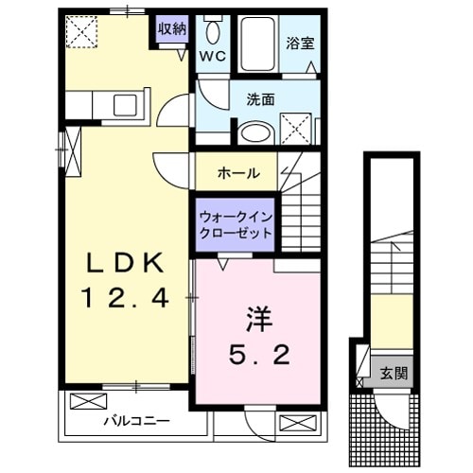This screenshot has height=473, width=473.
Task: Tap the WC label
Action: point(211,56)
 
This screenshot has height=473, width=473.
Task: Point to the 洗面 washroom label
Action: point(261,97)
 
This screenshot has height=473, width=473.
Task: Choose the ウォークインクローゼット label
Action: point(236,223)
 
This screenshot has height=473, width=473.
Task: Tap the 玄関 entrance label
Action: point(395,372)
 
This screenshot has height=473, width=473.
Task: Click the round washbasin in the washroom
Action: point(253,131)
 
